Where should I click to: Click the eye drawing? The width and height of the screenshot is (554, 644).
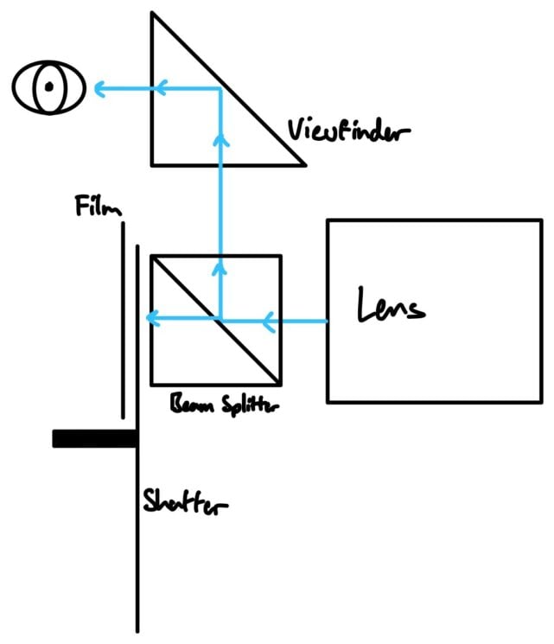click(48, 88)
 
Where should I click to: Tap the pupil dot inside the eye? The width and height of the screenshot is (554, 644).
click(49, 86)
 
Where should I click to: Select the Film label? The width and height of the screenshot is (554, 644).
click(98, 207)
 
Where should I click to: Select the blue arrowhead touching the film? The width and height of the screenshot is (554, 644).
click(151, 320)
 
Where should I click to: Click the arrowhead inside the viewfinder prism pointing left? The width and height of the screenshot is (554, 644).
click(161, 87)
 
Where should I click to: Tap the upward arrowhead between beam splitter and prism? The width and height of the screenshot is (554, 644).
click(221, 137)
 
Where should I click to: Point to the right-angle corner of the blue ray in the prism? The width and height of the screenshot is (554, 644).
click(221, 88)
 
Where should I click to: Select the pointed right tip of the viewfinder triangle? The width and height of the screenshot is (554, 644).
click(305, 163)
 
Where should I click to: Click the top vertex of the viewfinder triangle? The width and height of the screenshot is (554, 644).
click(152, 13)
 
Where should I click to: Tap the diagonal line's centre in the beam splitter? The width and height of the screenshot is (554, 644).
click(216, 320)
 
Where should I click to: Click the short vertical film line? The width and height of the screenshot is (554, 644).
click(123, 320)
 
